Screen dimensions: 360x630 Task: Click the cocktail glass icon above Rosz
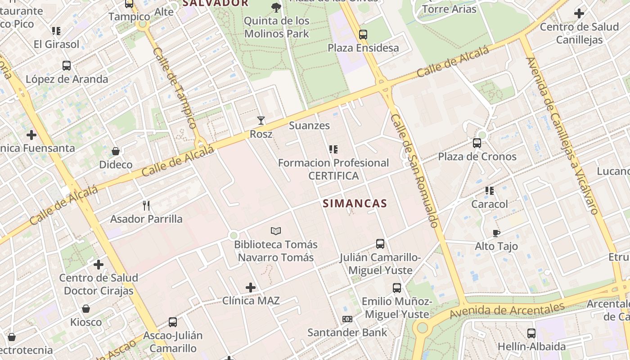[261, 120]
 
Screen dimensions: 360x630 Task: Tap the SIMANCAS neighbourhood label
[355, 203]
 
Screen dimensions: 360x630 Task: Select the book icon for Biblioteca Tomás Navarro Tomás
[276, 231]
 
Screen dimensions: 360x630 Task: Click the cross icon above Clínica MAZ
[251, 287]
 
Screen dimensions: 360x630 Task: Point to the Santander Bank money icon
[347, 319]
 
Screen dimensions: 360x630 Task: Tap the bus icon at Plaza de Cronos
[477, 143]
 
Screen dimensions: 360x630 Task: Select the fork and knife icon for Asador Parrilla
[146, 206]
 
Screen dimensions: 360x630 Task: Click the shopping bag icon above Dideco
[116, 151]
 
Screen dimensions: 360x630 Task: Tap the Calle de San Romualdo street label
[414, 171]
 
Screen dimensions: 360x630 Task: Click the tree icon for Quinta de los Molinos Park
[276, 7]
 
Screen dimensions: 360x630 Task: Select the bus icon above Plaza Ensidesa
[363, 34]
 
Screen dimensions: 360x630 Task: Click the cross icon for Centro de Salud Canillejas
[579, 13]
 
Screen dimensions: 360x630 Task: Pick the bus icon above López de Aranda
[67, 66]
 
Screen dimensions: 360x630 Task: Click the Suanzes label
[309, 126]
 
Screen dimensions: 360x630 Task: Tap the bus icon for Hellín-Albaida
[531, 333]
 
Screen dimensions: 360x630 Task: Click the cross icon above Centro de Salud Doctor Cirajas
[99, 264]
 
